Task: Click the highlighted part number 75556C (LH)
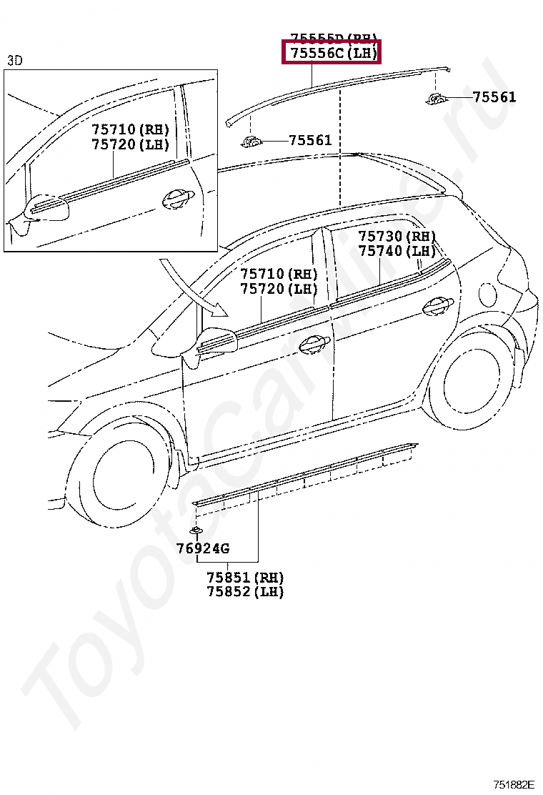tap(332, 53)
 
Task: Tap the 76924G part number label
tap(203, 549)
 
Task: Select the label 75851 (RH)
tap(245, 578)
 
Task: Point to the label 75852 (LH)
tap(245, 592)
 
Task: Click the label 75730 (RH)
tap(397, 237)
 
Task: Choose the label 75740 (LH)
tap(397, 251)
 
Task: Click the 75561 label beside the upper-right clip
tap(494, 97)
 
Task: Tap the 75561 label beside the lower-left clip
tap(310, 140)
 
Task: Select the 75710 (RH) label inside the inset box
tap(130, 129)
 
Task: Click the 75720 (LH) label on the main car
tap(278, 289)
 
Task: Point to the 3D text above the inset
tap(15, 61)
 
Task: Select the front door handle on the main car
tap(312, 345)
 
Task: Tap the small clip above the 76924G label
tap(195, 530)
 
